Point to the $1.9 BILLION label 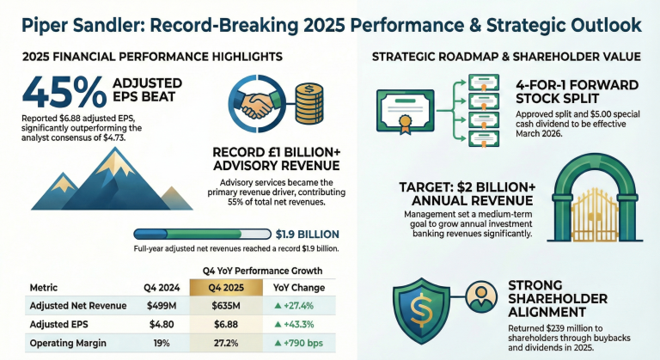[x=307, y=234]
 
